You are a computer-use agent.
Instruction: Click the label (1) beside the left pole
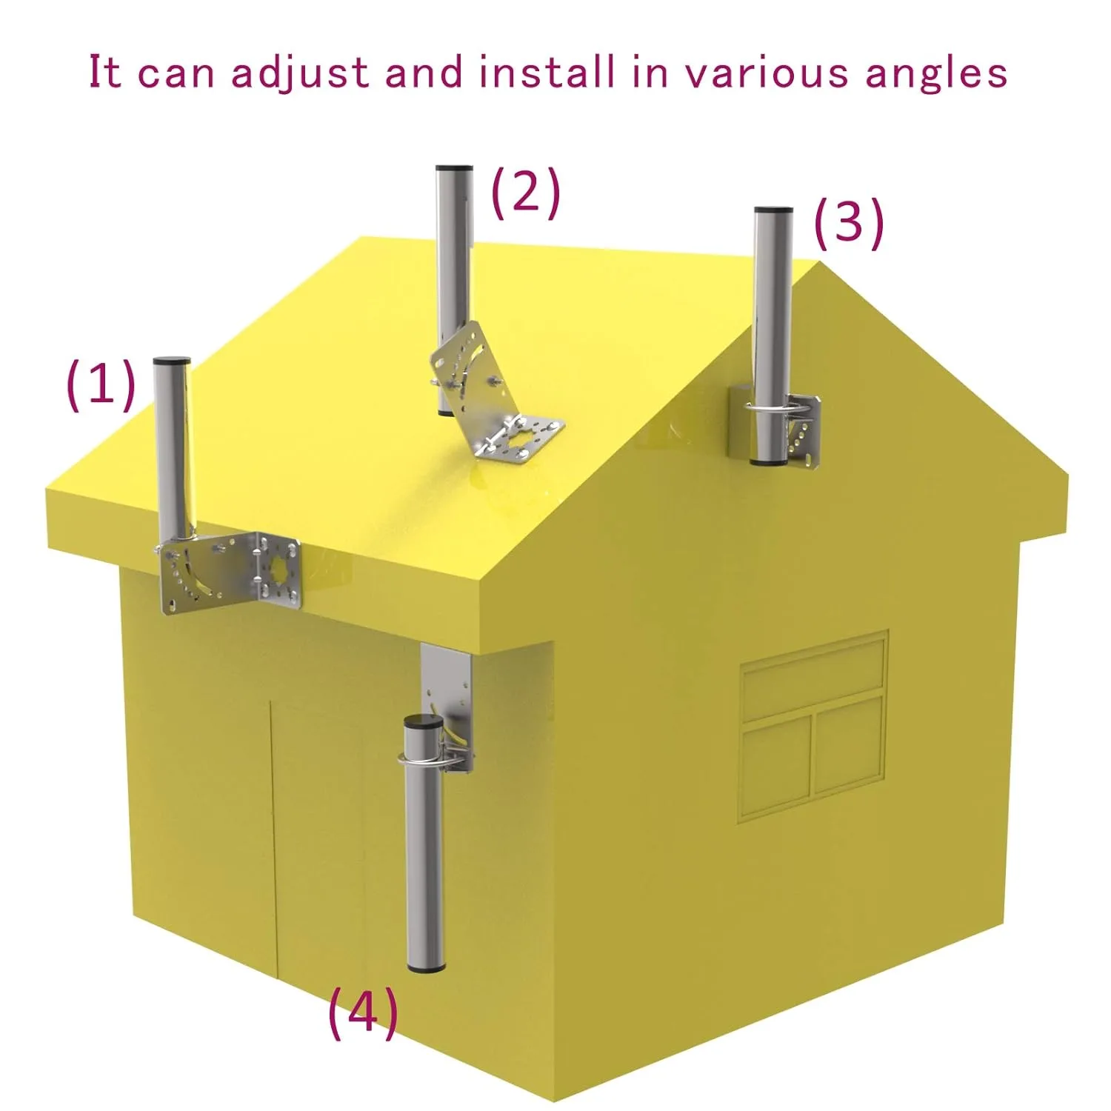coord(101,385)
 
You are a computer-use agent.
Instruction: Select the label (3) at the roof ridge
coord(849,223)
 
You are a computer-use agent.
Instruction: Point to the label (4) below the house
coord(363,1012)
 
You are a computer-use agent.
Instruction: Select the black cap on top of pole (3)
coord(773,211)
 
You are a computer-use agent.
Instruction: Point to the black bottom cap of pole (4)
coord(426,967)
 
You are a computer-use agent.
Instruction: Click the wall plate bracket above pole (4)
coord(447,681)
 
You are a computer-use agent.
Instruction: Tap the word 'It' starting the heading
coord(105,73)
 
